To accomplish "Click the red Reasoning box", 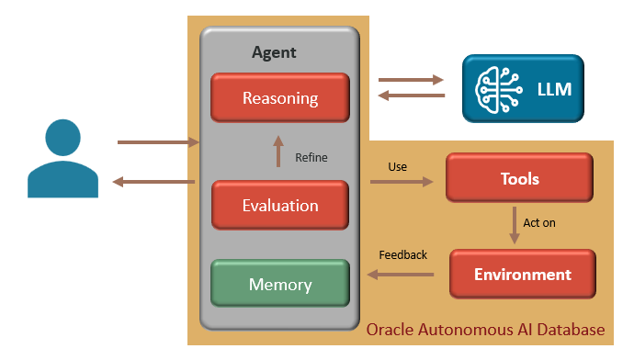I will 280,97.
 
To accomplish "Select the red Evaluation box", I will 280,205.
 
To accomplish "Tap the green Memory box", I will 280,284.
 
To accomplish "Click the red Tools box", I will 518,178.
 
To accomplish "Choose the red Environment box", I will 522,274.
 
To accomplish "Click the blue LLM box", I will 522,88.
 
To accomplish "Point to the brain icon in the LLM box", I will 497,88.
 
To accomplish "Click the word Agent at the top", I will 274,52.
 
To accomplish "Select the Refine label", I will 311,157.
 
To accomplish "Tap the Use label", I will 397,166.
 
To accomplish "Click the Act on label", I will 538,222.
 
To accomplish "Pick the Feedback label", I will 402,254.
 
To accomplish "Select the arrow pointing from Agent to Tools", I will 402,183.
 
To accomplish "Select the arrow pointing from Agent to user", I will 154,182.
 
